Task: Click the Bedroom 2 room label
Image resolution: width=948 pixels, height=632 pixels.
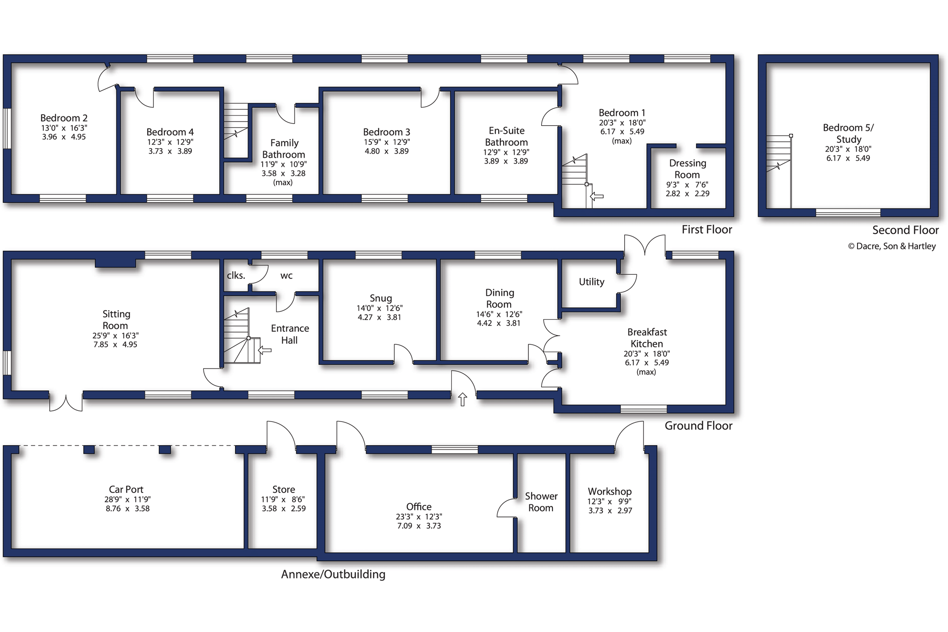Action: [64, 118]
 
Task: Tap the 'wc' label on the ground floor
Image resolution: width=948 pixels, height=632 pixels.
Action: [286, 276]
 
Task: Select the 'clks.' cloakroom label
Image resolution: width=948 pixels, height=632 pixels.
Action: [236, 275]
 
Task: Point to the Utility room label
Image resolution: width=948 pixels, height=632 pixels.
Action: [591, 282]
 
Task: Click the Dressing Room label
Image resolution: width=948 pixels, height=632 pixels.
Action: [687, 169]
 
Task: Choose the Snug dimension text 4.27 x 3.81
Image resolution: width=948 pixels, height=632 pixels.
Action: [379, 318]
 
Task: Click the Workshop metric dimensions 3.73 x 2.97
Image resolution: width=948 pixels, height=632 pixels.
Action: [610, 511]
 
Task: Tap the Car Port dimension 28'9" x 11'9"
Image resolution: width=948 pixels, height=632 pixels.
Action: [127, 500]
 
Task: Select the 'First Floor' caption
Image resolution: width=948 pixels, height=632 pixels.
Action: [707, 230]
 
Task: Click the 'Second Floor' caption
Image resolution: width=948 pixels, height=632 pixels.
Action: [905, 230]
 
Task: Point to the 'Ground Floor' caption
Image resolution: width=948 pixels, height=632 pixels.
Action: [698, 426]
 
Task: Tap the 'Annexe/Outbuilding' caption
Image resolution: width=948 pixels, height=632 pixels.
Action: [333, 574]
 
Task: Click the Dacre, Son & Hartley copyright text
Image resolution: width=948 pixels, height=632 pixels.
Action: [892, 246]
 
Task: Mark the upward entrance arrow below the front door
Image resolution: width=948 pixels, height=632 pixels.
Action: [462, 399]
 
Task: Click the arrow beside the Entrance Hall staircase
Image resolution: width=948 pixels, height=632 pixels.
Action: [264, 351]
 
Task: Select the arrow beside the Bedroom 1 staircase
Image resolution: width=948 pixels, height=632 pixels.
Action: [597, 196]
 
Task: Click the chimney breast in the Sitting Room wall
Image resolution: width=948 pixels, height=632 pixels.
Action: [116, 263]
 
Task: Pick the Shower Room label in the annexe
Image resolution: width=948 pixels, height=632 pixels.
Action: [541, 502]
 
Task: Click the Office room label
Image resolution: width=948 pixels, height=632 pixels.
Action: [419, 507]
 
